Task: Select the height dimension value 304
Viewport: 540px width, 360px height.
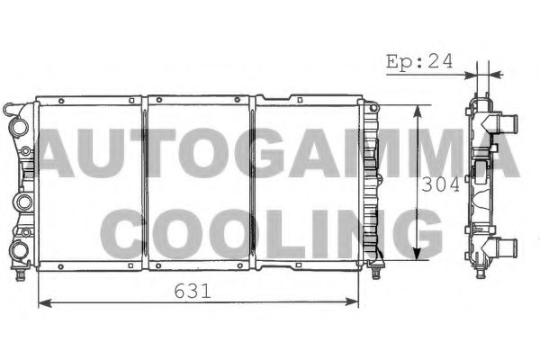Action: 441,184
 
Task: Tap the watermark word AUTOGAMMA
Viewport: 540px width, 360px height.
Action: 270,155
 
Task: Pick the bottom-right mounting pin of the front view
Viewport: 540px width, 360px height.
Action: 372,267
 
